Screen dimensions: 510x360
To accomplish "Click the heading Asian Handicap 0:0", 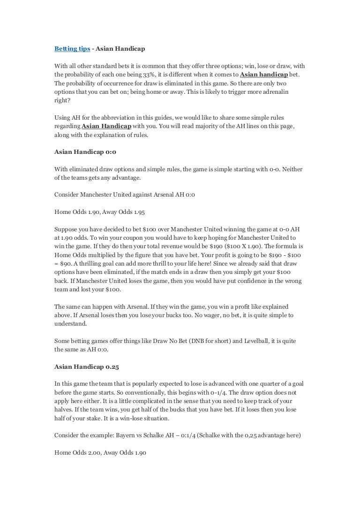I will pyautogui.click(x=85, y=152).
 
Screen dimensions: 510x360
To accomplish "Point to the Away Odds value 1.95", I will pyautogui.click(x=138, y=212).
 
